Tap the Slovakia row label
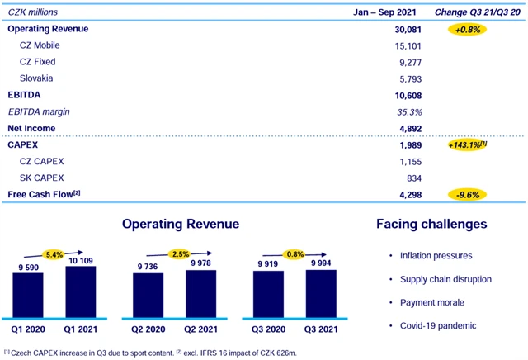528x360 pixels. (36, 78)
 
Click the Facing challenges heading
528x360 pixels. (431, 224)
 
